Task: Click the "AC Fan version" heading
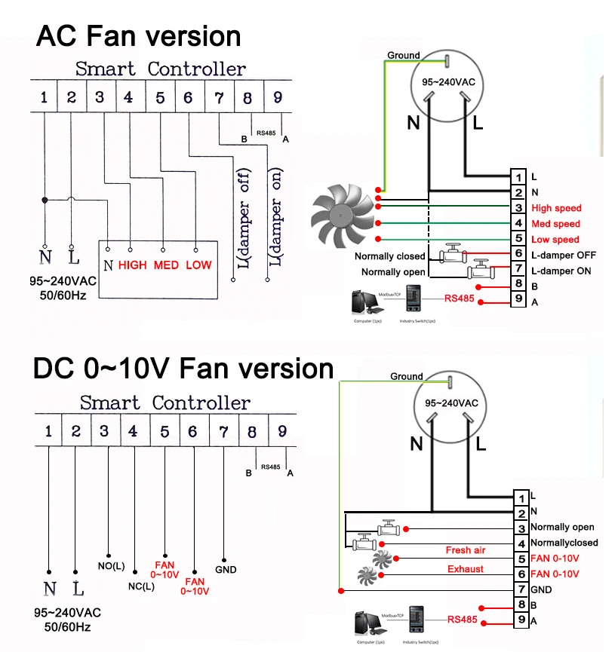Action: coord(139,36)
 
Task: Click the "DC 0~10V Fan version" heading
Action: coord(183,369)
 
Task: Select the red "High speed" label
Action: coord(556,209)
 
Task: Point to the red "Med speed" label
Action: coord(555,224)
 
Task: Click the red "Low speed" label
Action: coord(555,240)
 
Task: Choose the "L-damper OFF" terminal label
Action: coord(562,256)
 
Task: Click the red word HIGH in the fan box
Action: coord(133,265)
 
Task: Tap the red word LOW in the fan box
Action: coord(198,265)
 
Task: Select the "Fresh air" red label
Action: coord(466,550)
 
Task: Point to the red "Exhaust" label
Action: coord(466,569)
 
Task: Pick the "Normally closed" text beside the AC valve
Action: coord(390,256)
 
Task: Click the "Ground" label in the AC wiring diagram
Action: coord(404,55)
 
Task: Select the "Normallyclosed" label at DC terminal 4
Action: coord(564,543)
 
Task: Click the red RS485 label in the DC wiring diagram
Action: coord(462,620)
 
